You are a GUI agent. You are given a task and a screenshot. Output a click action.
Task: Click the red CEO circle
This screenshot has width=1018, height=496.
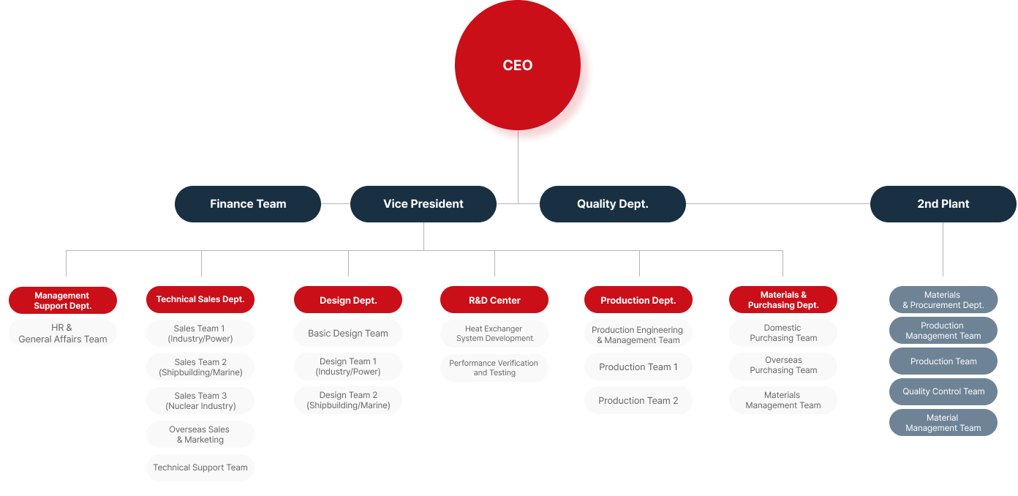pyautogui.click(x=518, y=65)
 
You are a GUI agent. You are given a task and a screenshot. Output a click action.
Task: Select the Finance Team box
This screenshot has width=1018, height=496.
pyautogui.click(x=248, y=203)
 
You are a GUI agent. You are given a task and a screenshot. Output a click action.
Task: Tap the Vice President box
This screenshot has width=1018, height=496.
pyautogui.click(x=423, y=203)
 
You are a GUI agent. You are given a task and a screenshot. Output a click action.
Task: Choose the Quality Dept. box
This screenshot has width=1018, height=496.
pyautogui.click(x=613, y=203)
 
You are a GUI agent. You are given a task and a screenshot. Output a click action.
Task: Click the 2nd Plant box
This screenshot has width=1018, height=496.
pyautogui.click(x=943, y=203)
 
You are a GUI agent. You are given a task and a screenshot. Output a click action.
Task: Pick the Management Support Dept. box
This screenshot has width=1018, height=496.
pyautogui.click(x=63, y=300)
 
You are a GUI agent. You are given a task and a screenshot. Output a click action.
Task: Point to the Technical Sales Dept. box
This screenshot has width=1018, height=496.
pyautogui.click(x=200, y=300)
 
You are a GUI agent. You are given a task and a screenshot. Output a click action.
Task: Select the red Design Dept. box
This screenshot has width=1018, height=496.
pyautogui.click(x=348, y=300)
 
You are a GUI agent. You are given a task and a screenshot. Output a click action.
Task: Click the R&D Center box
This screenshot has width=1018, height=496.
pyautogui.click(x=494, y=300)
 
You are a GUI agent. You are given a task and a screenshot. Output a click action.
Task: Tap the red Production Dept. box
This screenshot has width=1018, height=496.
pyautogui.click(x=638, y=300)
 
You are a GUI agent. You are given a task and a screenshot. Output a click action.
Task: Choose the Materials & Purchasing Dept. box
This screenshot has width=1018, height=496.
pyautogui.click(x=783, y=300)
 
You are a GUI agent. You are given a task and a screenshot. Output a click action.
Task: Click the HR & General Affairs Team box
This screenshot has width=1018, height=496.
pyautogui.click(x=63, y=334)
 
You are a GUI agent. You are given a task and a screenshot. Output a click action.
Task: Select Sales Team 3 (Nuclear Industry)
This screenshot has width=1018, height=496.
pyautogui.click(x=200, y=400)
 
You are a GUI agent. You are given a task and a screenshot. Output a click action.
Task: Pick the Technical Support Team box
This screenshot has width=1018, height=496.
pyautogui.click(x=200, y=467)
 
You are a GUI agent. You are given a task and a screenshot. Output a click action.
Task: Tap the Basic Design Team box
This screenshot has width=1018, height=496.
pyautogui.click(x=348, y=334)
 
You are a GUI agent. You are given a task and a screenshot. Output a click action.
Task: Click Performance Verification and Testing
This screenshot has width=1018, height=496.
pyautogui.click(x=494, y=368)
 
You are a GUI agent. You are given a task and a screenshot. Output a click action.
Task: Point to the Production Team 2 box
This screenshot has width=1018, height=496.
pyautogui.click(x=638, y=400)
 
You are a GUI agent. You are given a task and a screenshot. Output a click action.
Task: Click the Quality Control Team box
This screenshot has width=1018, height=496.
pyautogui.click(x=943, y=391)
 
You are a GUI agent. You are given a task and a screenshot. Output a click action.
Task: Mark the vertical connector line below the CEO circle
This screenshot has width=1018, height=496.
pyautogui.click(x=518, y=167)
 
